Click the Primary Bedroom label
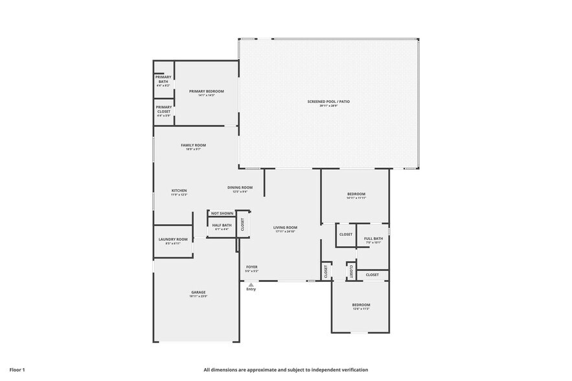[206, 92]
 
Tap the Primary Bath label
[163, 79]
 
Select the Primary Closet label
[163, 109]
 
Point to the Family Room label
[193, 145]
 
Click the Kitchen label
[179, 191]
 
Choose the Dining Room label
[240, 188]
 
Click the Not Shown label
[222, 213]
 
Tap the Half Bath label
[222, 225]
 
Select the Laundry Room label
[173, 240]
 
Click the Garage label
[198, 293]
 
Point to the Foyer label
[251, 267]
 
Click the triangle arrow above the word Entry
[251, 284]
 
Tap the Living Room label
[285, 227]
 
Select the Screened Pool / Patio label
[329, 102]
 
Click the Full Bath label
[373, 238]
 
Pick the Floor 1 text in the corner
[17, 369]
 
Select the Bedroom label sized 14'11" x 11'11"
[356, 194]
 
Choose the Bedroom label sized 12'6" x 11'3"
[361, 305]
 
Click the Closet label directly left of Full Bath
[346, 235]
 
